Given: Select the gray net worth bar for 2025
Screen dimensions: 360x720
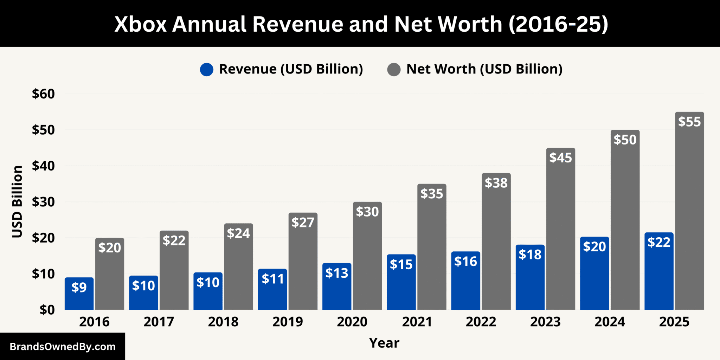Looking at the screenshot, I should point(689,211).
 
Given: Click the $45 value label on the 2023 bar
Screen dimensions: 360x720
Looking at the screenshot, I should point(561,158).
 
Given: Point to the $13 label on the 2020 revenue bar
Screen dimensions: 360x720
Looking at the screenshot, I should point(337,273).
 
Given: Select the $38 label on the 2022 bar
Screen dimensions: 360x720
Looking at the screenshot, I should point(496,183).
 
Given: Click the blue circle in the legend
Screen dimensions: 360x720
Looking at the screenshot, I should point(207,69).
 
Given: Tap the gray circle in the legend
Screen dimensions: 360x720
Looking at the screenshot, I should point(394,69).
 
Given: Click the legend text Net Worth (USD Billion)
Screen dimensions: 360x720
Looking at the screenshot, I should point(484,69).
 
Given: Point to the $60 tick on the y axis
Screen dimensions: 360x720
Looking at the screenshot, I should point(44,94).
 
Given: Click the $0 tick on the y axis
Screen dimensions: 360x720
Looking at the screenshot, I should point(47,310).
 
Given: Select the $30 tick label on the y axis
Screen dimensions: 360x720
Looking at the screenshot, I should point(44,202).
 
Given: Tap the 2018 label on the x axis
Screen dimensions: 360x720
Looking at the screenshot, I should point(223,322).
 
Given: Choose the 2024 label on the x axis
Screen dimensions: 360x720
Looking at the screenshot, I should point(610,322).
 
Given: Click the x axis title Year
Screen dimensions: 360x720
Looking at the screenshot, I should point(384,343).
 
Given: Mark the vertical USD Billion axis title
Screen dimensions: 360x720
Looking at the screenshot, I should point(17,202).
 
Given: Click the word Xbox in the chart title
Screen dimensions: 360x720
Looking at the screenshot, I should point(140,24).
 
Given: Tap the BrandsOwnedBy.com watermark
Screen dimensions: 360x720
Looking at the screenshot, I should point(63,347).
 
